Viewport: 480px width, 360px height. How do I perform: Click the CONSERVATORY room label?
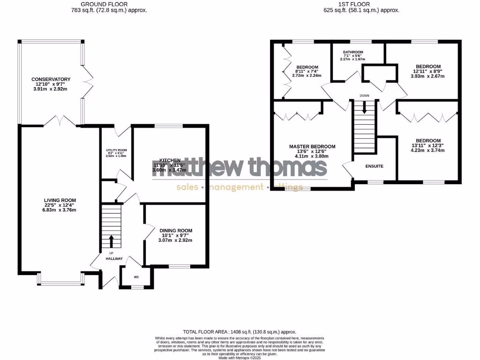[51, 79]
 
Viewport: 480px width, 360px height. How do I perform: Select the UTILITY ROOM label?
[116, 150]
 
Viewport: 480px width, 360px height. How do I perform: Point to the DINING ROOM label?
[176, 231]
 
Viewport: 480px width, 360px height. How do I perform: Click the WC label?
[137, 277]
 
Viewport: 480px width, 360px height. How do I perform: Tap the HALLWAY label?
[114, 259]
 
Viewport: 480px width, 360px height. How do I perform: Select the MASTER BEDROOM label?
[312, 147]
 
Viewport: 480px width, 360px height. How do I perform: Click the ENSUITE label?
[375, 166]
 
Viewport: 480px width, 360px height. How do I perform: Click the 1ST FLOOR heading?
[361, 4]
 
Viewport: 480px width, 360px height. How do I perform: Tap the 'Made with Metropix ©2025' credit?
[240, 357]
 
